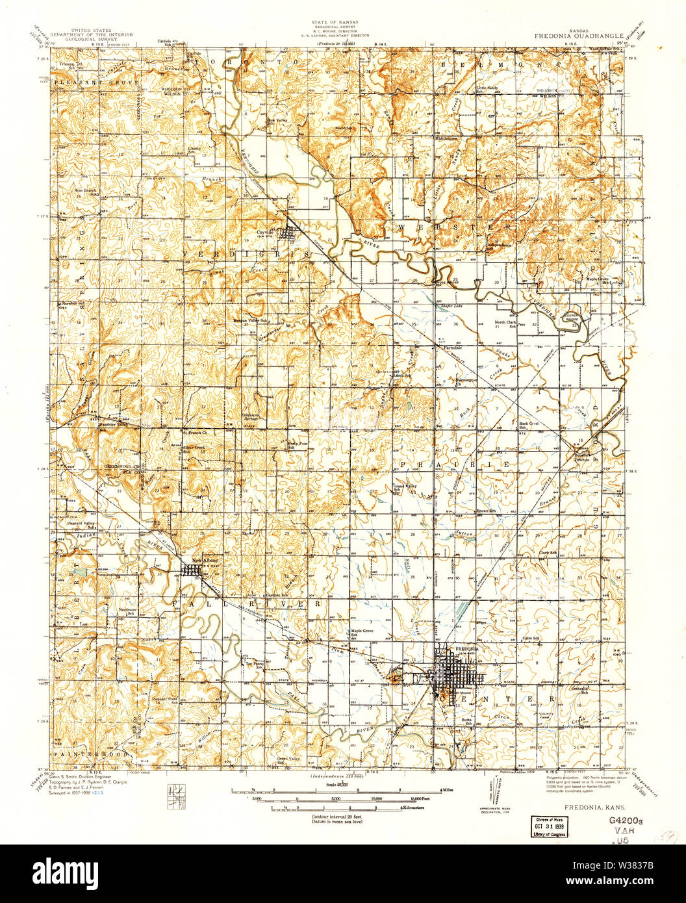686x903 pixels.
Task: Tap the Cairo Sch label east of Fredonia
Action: pyautogui.click(x=531, y=638)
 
